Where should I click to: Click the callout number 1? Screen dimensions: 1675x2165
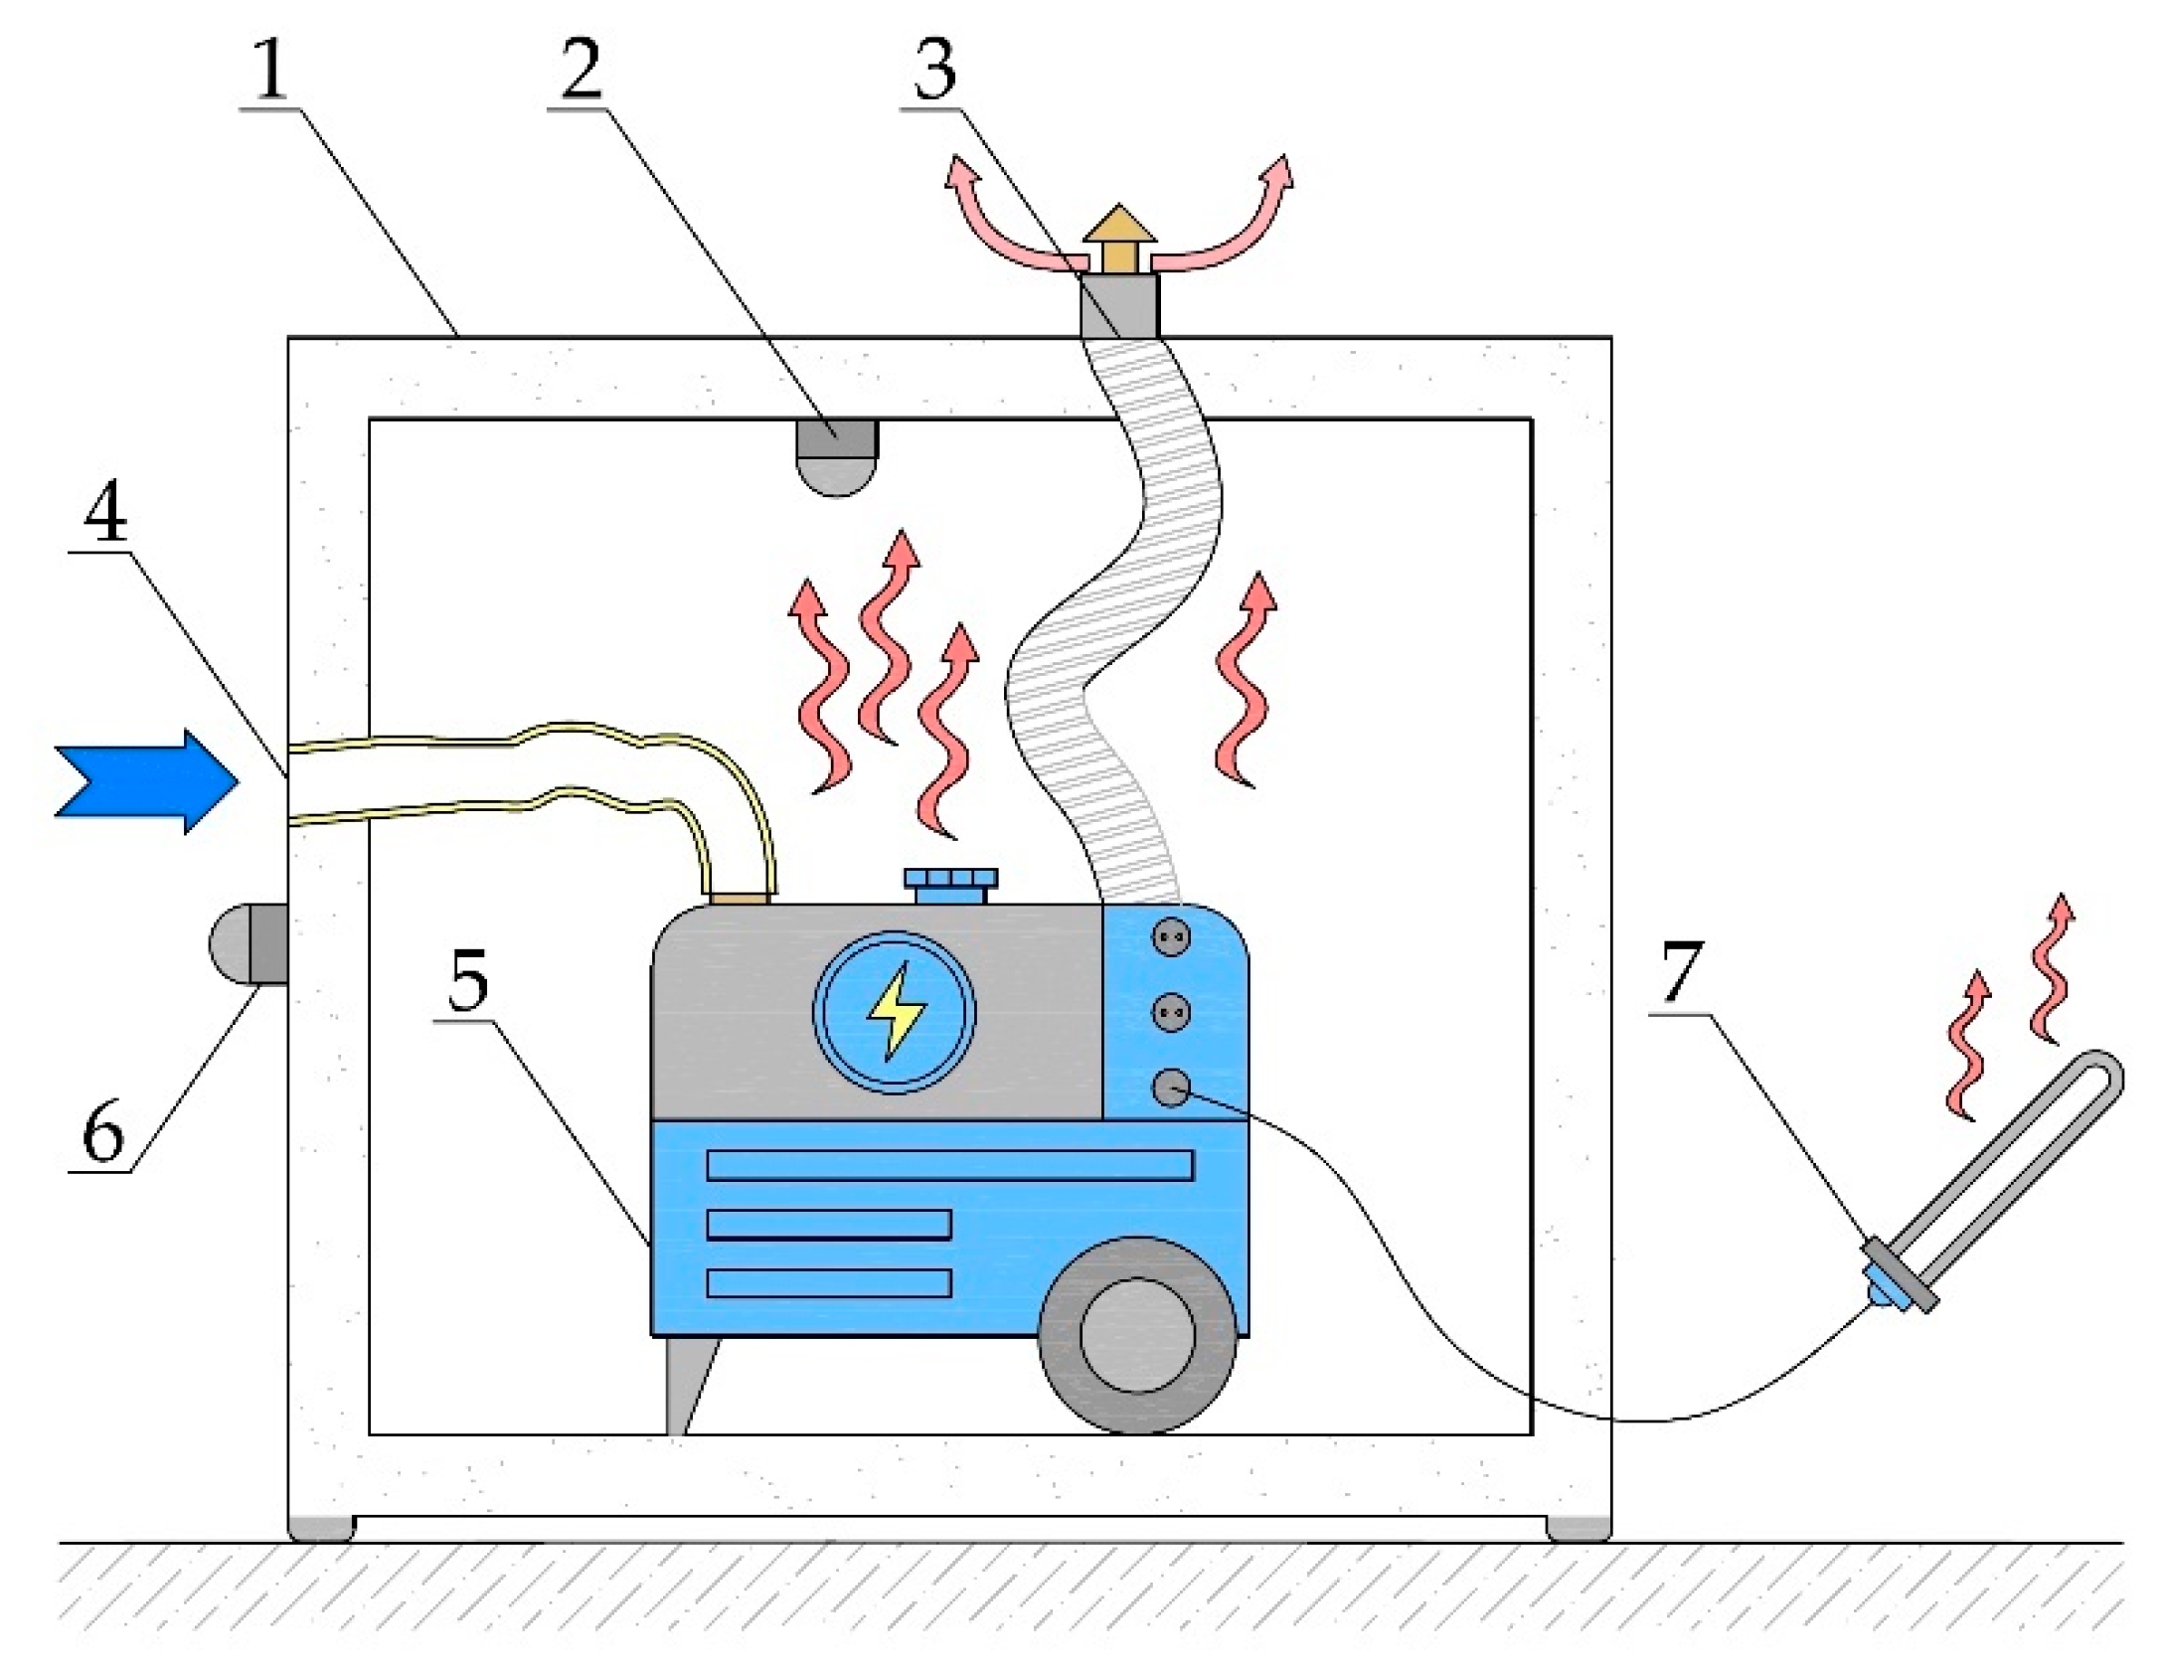pos(269,70)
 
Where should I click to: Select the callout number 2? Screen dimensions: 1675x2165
pos(581,70)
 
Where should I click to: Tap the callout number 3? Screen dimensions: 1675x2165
pos(935,70)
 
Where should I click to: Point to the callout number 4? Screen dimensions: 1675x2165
pos(105,512)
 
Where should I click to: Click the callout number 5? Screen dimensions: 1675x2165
pos(468,979)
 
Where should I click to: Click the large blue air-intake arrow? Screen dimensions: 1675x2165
pos(147,781)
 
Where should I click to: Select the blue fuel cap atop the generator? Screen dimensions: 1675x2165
pos(950,885)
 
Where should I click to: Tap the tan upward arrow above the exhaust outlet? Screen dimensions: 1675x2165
pos(1119,239)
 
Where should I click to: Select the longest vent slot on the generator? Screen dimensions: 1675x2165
pos(949,1165)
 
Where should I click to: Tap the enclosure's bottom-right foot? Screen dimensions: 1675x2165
pos(1578,1528)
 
